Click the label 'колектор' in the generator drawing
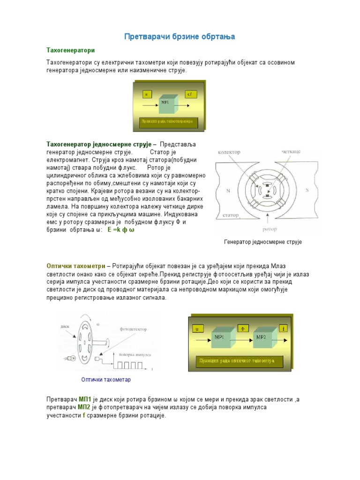229,152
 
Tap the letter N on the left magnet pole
228,190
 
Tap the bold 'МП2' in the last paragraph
84,407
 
